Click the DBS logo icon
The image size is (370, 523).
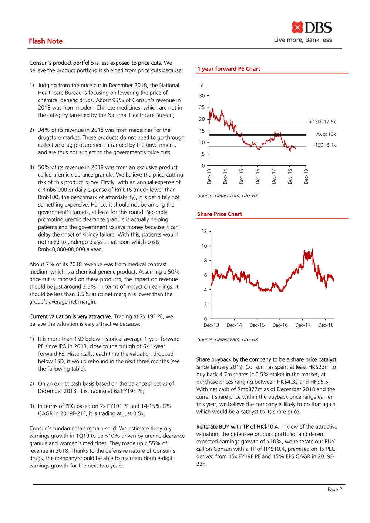(x=297, y=27)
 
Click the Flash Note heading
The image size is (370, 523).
(x=46, y=41)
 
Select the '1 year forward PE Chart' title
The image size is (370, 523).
(x=229, y=69)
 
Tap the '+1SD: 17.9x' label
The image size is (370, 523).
(x=322, y=122)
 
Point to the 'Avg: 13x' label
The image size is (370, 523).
(x=326, y=134)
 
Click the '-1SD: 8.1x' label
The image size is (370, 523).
(x=324, y=145)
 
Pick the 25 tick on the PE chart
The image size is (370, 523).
(x=202, y=107)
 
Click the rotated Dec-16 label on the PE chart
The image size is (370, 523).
(x=258, y=176)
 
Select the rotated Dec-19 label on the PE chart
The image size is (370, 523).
(x=306, y=176)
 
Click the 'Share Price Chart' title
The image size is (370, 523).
(x=219, y=214)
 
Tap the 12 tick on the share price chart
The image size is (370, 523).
(x=204, y=231)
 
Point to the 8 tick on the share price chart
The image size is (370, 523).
(x=206, y=261)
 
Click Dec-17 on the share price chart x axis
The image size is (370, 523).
(x=303, y=325)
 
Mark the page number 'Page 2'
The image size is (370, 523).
(x=334, y=489)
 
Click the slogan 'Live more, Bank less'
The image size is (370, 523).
(x=303, y=40)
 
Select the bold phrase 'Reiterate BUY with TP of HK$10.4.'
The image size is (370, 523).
(x=238, y=427)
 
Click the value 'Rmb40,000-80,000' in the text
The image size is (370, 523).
(x=58, y=249)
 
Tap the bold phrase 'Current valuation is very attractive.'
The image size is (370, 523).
(x=70, y=316)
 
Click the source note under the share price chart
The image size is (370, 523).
(x=228, y=339)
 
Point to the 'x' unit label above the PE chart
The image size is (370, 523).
(x=202, y=86)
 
